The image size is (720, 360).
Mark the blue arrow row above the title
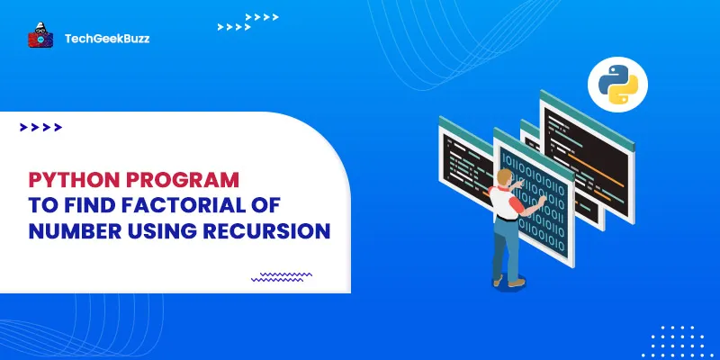[x=40, y=128]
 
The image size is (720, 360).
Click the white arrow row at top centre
[x=262, y=17]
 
